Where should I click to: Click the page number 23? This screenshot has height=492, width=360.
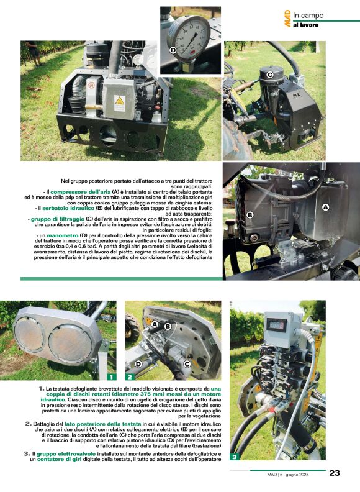334,473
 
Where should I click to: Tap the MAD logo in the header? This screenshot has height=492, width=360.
287,18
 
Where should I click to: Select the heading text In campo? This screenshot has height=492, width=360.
308,15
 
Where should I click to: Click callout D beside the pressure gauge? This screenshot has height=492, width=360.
173,50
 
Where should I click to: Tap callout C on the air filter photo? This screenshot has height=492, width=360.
270,75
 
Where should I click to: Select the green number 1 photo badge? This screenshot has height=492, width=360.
110,376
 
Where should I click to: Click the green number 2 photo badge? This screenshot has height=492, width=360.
130,376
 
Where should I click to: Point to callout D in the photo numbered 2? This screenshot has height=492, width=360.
138,364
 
